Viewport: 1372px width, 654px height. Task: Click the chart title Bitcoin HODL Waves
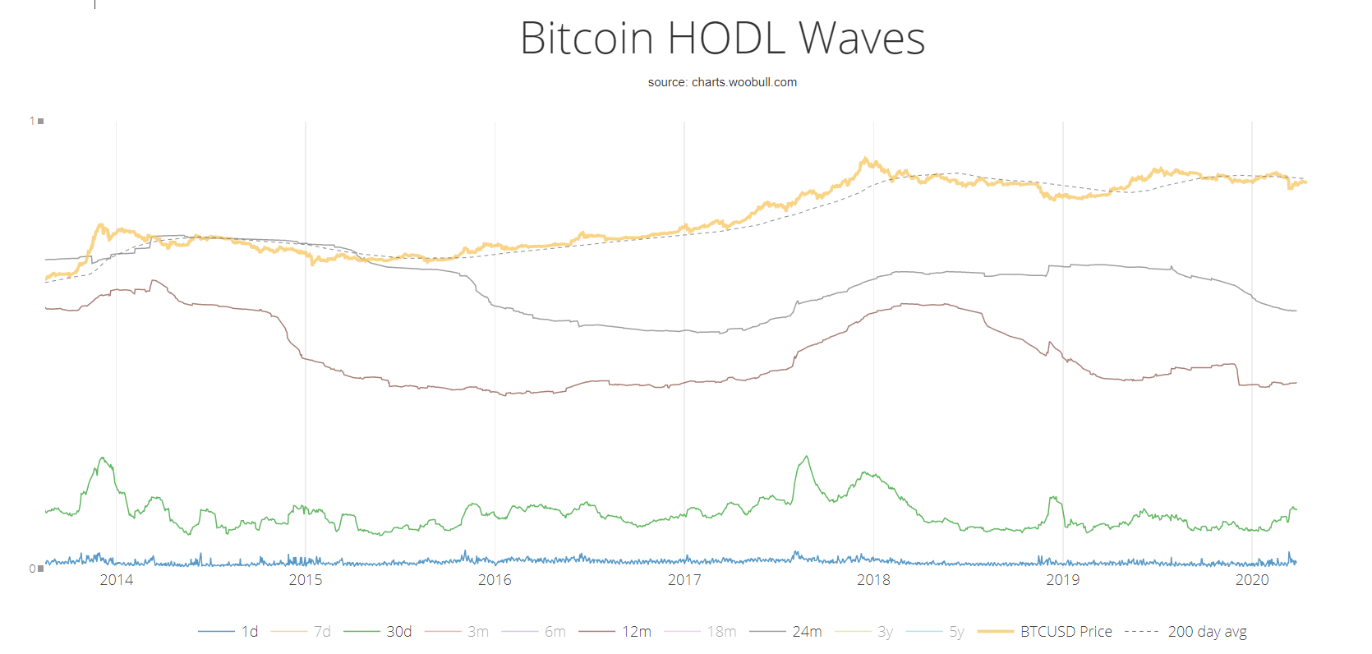tap(722, 39)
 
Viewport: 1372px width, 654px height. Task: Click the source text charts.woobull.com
tap(722, 82)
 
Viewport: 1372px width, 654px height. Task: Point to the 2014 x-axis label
tap(116, 580)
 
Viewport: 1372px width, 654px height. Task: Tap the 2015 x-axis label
tap(306, 580)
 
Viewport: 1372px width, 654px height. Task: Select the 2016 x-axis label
tap(495, 580)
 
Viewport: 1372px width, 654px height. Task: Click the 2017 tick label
tap(684, 580)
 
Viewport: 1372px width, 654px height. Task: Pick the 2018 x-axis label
tap(873, 580)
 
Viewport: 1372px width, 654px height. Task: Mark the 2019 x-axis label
tap(1062, 580)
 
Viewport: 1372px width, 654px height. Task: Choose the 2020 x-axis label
tap(1252, 580)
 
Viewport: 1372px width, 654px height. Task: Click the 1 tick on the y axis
tap(33, 121)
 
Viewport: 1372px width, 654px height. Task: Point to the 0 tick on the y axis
tap(33, 569)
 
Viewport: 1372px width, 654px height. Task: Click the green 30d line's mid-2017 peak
tap(807, 457)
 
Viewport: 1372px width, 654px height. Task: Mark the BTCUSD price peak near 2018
tap(865, 159)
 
